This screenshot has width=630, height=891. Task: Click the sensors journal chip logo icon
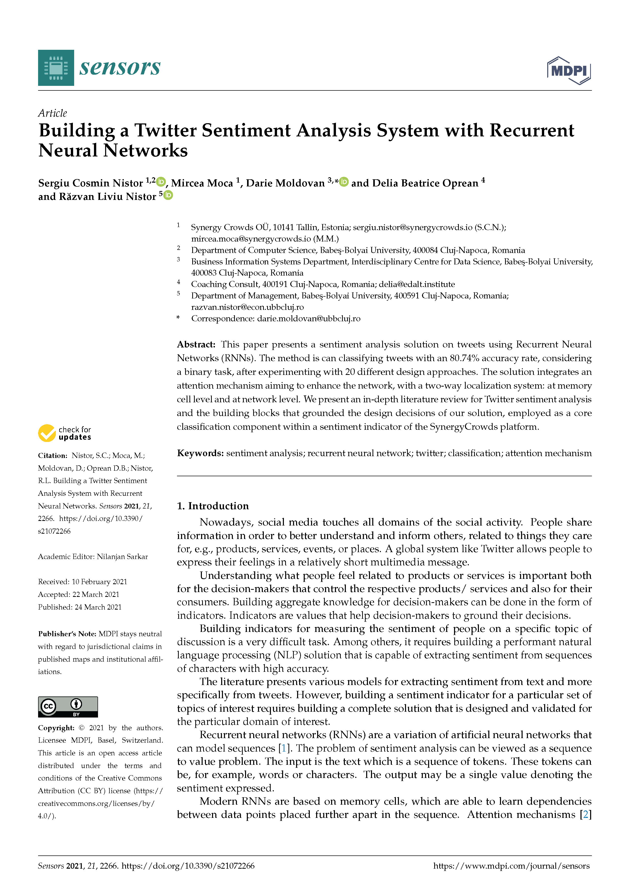(56, 68)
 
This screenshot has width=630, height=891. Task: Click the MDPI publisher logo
(569, 71)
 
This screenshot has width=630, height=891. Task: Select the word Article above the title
(52, 113)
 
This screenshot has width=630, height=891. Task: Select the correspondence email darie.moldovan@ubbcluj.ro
(309, 319)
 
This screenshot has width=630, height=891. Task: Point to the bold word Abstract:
(196, 345)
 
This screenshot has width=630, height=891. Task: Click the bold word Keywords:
(200, 453)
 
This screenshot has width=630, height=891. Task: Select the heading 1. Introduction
(213, 506)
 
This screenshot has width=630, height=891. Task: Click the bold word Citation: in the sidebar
(53, 456)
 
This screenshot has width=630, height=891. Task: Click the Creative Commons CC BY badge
(68, 707)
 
